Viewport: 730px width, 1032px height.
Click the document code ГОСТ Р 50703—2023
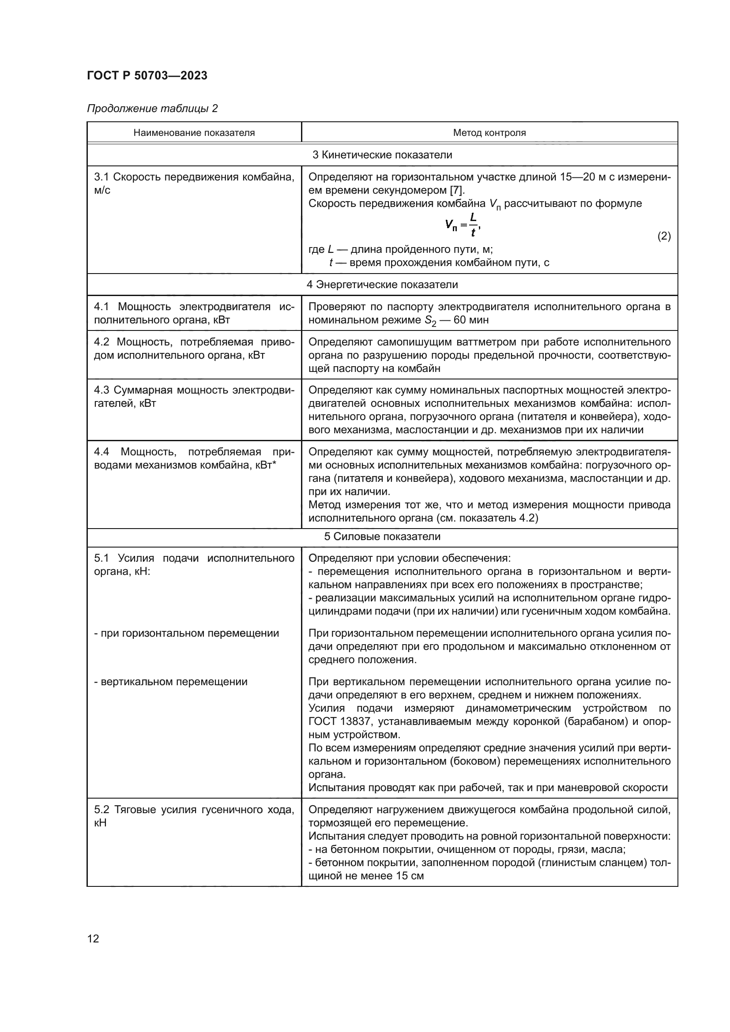pos(147,75)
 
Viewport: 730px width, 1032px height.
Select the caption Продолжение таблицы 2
pos(152,109)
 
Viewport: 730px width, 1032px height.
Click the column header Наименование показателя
pos(194,133)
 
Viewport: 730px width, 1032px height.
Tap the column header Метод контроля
pos(489,133)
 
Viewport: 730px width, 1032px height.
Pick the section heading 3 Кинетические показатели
pos(382,155)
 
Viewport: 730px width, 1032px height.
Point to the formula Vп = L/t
pos(463,224)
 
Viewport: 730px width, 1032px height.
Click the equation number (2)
pos(663,236)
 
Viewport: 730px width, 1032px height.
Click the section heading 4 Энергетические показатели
pos(382,285)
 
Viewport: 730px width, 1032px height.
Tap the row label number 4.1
pos(102,307)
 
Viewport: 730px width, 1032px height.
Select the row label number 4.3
pos(102,390)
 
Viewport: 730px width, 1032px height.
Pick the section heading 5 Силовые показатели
pos(382,537)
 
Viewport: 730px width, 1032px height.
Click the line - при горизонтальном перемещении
pos(186,633)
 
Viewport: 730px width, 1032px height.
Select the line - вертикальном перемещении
pos(170,682)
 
